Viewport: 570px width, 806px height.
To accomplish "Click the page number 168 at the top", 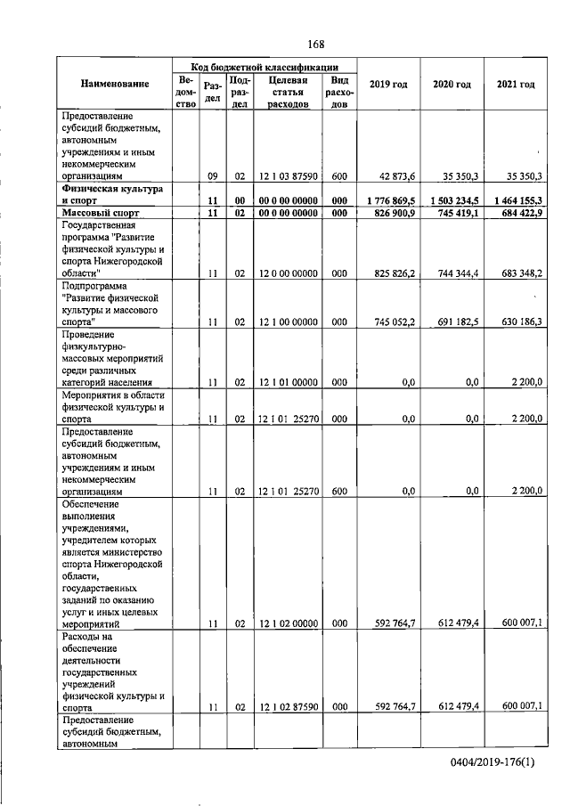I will pyautogui.click(x=315, y=45).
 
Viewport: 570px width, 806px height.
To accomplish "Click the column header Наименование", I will pyautogui.click(x=114, y=85).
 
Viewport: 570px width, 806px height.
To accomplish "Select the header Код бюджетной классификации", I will pyautogui.click(x=265, y=67).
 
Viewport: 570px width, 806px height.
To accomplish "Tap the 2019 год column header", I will pyautogui.click(x=388, y=85).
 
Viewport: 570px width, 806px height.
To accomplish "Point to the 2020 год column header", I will pyautogui.click(x=452, y=85).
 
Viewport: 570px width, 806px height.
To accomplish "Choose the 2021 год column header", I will pyautogui.click(x=515, y=85).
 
